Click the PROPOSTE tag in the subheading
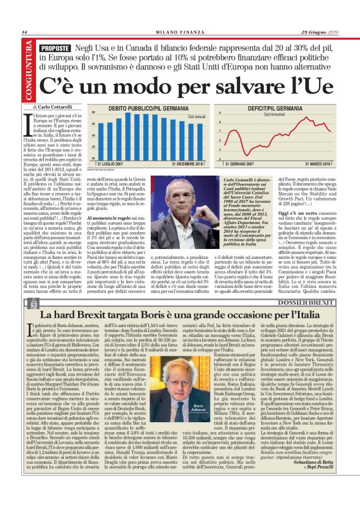(53, 48)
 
